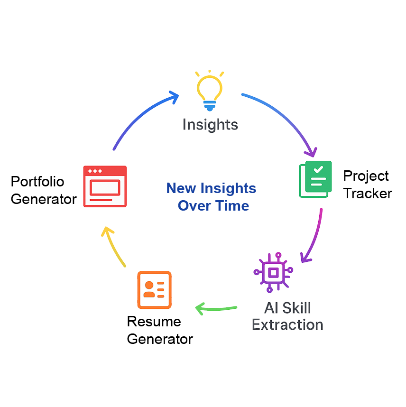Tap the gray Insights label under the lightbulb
coord(210,125)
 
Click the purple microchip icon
coord(273,272)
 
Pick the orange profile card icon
coord(154,290)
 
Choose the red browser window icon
coord(105,186)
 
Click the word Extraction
coord(287,325)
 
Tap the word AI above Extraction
coord(271,308)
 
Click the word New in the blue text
coord(182,189)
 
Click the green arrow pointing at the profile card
coord(216,309)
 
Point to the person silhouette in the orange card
coord(149,288)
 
